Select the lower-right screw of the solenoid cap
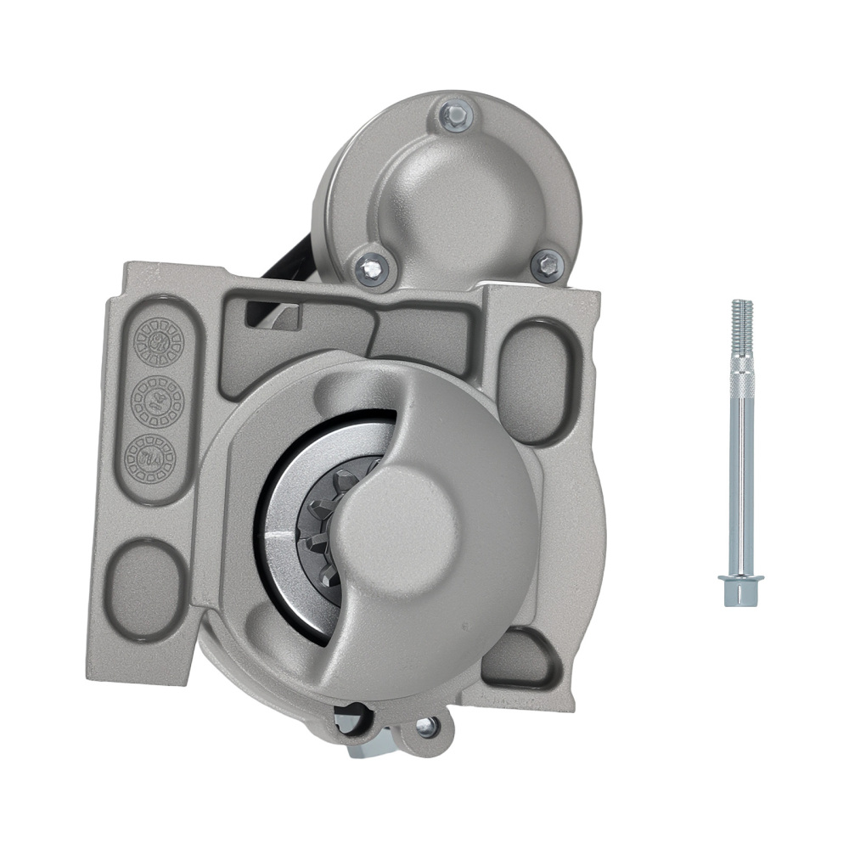[547, 265]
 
